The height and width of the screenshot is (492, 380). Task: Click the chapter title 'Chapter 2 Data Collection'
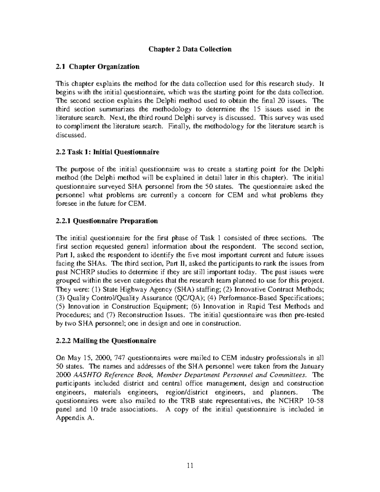(x=190, y=49)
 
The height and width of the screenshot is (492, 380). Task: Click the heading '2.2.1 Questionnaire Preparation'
(x=107, y=221)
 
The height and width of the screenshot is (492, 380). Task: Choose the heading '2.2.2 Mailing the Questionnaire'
(x=106, y=341)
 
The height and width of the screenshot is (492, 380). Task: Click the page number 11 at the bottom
(x=190, y=465)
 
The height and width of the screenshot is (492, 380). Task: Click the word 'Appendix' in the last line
(x=68, y=418)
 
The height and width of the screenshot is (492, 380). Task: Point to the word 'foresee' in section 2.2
(x=66, y=204)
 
